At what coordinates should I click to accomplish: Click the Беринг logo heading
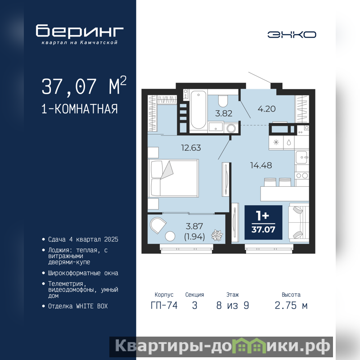tap(80, 31)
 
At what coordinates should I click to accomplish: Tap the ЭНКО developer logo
tap(292, 35)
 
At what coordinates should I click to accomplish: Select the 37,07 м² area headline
tap(84, 86)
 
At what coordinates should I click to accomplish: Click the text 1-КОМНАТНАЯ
tap(80, 109)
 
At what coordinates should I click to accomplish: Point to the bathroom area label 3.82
tap(224, 113)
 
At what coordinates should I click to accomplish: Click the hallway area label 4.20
tap(266, 109)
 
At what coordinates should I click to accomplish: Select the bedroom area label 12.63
tap(191, 148)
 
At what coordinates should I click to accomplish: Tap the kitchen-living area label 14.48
tap(261, 165)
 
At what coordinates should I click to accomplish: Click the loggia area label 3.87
tap(194, 226)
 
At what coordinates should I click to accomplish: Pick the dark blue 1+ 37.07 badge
tap(263, 222)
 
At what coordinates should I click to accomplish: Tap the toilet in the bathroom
tap(223, 100)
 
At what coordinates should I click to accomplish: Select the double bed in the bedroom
tap(173, 178)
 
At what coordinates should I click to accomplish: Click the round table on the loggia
tap(170, 236)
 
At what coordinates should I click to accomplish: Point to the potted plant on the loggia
tap(217, 235)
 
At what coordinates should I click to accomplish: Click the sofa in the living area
tap(299, 222)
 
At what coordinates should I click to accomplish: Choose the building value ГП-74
tap(164, 306)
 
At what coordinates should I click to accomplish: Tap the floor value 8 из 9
tap(233, 306)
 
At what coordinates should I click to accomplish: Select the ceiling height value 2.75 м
tap(291, 306)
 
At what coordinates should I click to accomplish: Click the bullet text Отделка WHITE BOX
tap(78, 306)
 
